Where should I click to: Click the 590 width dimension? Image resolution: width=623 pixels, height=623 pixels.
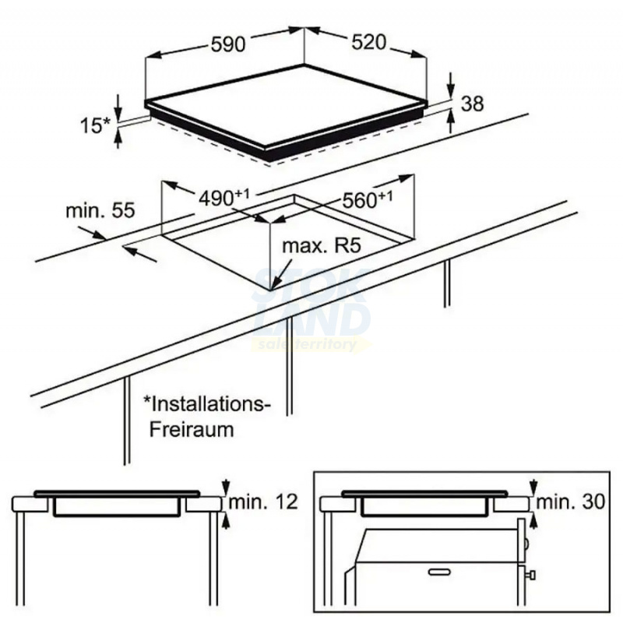click(228, 44)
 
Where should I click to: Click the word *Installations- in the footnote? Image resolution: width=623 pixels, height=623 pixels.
click(206, 404)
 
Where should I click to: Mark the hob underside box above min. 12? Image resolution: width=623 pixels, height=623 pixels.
click(117, 507)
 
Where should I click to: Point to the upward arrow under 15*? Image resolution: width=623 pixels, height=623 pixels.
click(117, 138)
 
